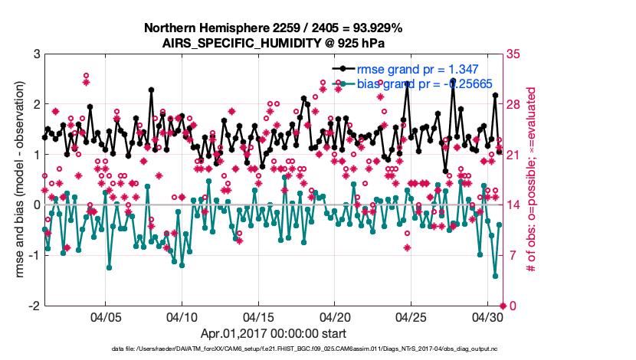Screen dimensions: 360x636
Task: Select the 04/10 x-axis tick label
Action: (x=182, y=316)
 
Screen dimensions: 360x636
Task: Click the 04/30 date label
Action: (x=487, y=316)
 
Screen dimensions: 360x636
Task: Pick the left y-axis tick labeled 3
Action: (x=35, y=54)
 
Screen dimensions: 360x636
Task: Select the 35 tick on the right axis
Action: (x=513, y=54)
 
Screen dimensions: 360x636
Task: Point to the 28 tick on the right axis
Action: (x=513, y=104)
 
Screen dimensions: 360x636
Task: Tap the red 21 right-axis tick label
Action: (x=513, y=155)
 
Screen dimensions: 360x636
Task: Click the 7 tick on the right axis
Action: (x=510, y=255)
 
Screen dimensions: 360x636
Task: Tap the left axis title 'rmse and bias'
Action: (x=13, y=180)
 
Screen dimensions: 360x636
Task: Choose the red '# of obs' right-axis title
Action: (x=529, y=180)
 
